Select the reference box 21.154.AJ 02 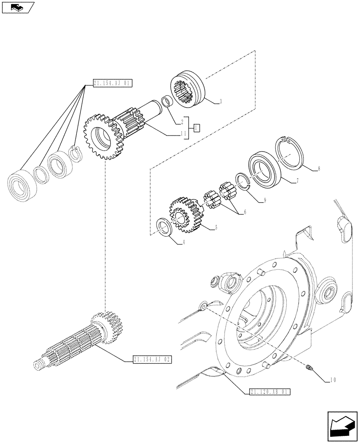(152, 359)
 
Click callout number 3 (220, 102)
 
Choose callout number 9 (264, 201)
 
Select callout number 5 (216, 228)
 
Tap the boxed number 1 (196, 128)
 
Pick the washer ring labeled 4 (164, 226)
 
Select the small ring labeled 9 (242, 180)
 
